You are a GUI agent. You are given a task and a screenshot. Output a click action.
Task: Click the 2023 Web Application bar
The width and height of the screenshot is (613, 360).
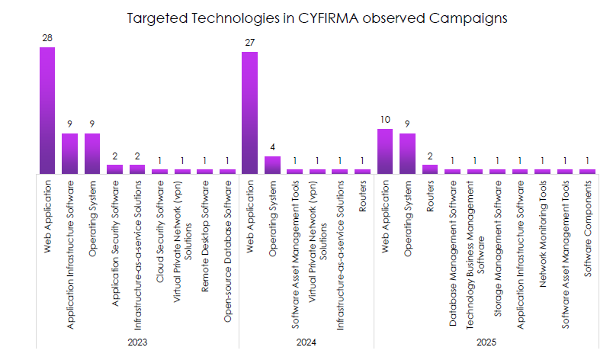(47, 111)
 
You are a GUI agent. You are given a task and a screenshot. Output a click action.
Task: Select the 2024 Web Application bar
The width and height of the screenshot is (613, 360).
(249, 113)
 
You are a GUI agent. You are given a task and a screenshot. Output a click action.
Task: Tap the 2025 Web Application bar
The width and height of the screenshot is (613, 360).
(385, 151)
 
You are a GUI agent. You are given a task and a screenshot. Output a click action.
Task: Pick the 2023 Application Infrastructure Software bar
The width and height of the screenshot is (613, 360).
(70, 153)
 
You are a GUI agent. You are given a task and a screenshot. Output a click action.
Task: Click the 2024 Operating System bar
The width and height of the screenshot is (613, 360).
(272, 165)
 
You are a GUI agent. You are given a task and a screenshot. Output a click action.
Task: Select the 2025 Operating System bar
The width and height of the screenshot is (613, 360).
(408, 153)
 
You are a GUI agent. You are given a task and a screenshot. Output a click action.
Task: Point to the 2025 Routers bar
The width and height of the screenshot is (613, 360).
(430, 169)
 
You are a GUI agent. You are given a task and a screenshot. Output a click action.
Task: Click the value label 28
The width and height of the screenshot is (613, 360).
(47, 38)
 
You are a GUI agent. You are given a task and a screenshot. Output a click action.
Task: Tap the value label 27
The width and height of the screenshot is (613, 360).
(249, 43)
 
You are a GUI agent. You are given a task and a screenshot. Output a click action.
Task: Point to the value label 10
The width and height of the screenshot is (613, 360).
(385, 120)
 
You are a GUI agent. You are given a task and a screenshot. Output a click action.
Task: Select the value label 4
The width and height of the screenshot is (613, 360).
(272, 147)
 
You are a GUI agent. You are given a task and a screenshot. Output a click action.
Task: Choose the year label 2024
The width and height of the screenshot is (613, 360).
(306, 342)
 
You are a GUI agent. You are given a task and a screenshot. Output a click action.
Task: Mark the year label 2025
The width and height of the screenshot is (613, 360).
(486, 342)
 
